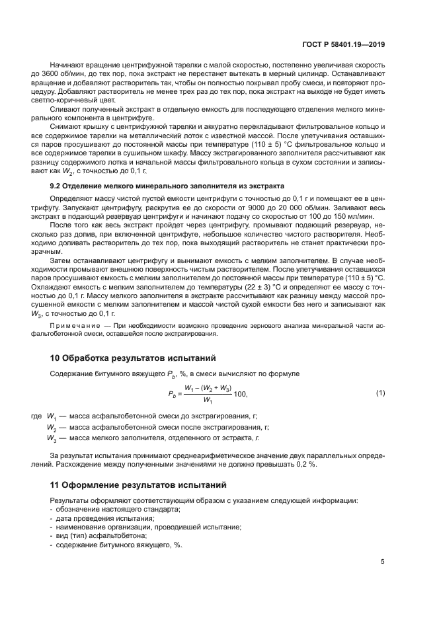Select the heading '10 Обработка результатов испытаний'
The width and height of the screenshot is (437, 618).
133,359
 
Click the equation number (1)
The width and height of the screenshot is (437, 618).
380,394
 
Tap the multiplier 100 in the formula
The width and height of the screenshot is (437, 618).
239,395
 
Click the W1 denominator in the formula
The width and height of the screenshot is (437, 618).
208,401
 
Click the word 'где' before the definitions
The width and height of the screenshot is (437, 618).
36,416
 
